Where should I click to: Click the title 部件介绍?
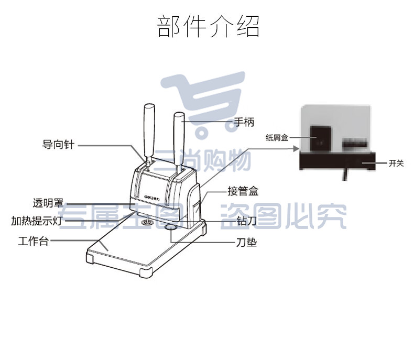[209, 26]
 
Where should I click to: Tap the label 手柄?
[244, 122]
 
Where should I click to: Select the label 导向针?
[58, 145]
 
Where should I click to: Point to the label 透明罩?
[48, 203]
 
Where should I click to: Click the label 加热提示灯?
[37, 221]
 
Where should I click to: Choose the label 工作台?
[34, 241]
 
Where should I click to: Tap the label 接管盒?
[243, 191]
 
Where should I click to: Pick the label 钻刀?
[247, 221]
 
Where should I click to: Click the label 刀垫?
[246, 242]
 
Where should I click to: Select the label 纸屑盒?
[277, 137]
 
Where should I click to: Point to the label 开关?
[396, 163]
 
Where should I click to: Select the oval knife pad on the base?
[171, 227]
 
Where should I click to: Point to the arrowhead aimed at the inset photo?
[297, 149]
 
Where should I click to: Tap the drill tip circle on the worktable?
[147, 223]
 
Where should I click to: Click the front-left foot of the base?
[90, 257]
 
